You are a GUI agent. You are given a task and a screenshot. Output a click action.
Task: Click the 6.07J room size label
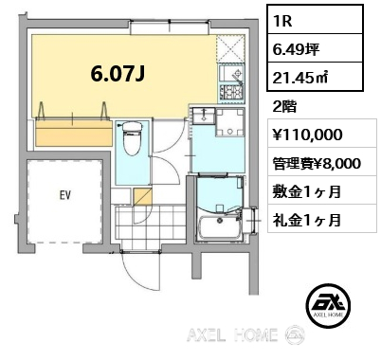[118, 74]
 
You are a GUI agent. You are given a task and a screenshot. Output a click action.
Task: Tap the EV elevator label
[65, 196]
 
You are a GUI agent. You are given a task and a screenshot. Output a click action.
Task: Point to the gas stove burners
[231, 93]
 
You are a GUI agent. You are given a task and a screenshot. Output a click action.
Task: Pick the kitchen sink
[231, 74]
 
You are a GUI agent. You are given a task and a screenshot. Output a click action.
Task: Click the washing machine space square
[230, 122]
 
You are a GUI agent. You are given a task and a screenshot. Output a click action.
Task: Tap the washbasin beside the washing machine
[204, 116]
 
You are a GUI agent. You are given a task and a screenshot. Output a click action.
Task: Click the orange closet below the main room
[74, 133]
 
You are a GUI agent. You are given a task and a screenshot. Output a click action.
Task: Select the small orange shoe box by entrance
[142, 197]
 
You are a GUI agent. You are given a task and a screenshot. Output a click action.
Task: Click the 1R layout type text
[283, 21]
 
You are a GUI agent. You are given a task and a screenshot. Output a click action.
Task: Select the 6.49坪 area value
[296, 49]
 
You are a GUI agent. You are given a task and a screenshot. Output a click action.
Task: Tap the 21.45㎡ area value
[300, 77]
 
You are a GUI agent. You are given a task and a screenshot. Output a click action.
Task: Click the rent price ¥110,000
[307, 135]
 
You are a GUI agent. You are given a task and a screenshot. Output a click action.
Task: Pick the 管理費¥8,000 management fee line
[317, 164]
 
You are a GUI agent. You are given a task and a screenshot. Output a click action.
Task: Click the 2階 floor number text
[284, 107]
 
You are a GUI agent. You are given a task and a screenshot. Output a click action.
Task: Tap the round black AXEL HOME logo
[329, 304]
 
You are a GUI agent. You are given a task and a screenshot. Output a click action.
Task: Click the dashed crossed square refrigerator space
[231, 49]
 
